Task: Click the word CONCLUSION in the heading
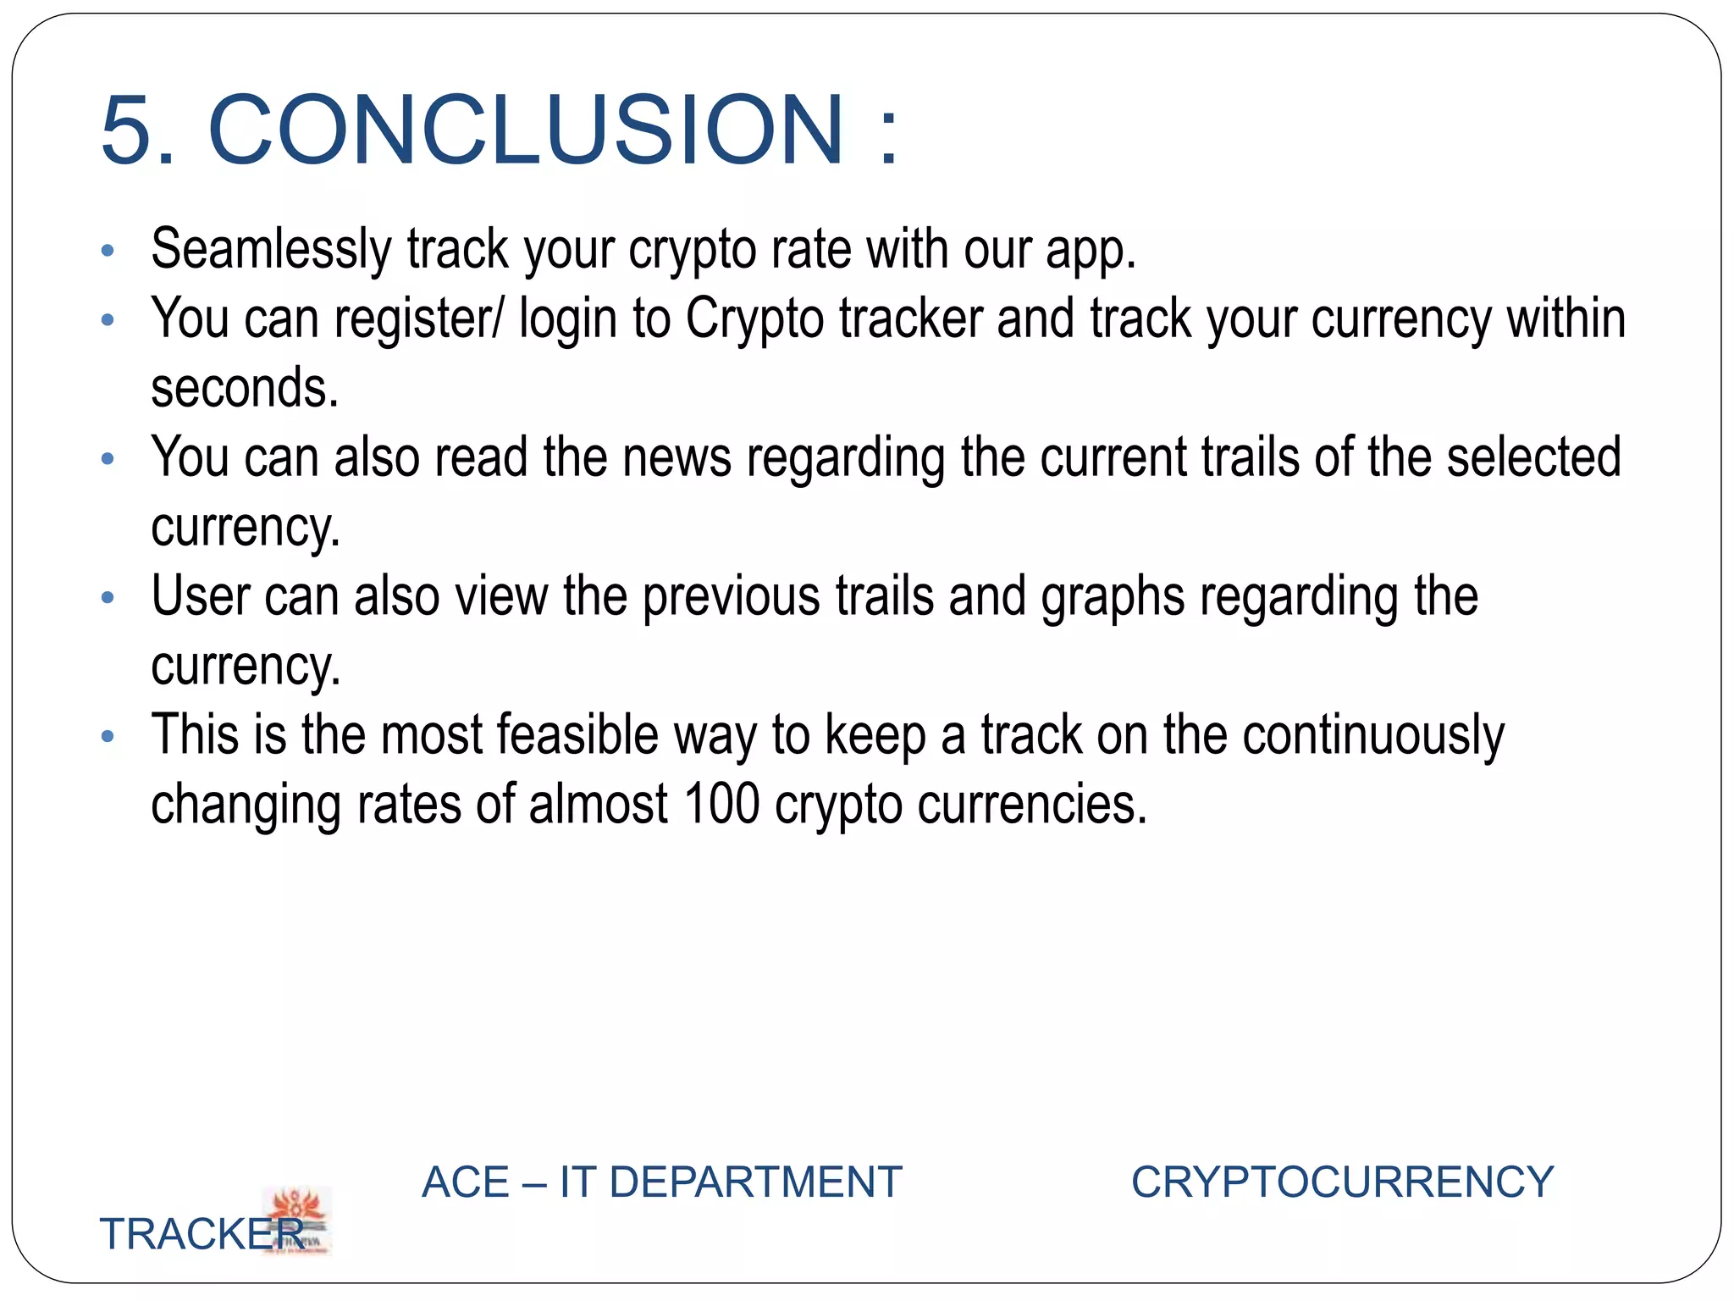525,131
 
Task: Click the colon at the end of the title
887,136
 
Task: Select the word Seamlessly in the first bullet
271,250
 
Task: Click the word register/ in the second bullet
418,320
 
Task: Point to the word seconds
244,389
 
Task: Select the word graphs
1113,597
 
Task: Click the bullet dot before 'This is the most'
108,735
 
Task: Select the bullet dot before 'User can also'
108,597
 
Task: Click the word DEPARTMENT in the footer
755,1182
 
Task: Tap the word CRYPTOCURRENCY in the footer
1342,1182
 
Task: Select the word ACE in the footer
465,1182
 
